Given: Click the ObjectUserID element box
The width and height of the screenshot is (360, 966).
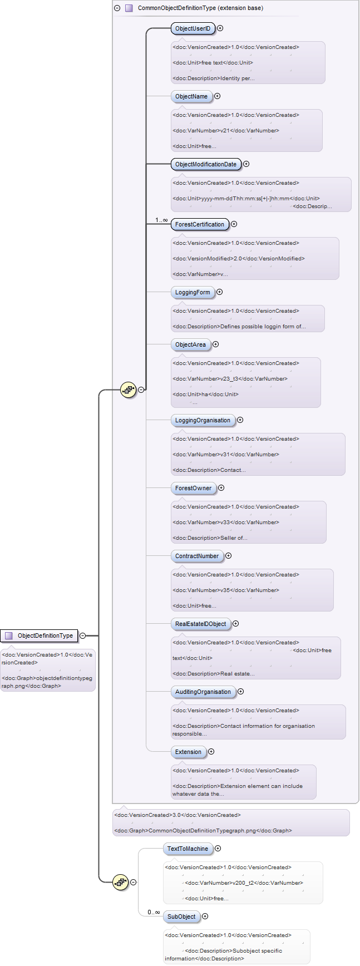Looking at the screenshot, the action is pyautogui.click(x=193, y=28).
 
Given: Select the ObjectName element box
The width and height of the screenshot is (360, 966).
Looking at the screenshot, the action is pyautogui.click(x=191, y=96).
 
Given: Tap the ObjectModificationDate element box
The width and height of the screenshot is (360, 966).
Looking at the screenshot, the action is pyautogui.click(x=206, y=164).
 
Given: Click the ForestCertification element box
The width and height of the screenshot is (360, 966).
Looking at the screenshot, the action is pyautogui.click(x=200, y=224).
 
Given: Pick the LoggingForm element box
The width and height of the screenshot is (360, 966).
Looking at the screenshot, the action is pyautogui.click(x=193, y=292).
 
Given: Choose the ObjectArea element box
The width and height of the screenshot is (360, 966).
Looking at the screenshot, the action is pyautogui.click(x=191, y=344).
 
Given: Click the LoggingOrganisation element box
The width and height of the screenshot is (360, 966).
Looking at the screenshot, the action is pyautogui.click(x=203, y=420).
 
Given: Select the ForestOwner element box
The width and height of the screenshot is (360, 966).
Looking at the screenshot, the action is pyautogui.click(x=194, y=488).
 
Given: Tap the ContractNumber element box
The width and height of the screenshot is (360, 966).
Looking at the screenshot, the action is pyautogui.click(x=197, y=556).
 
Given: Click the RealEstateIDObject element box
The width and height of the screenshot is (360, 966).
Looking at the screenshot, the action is pyautogui.click(x=201, y=624).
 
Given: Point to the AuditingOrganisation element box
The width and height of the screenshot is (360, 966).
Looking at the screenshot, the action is pyautogui.click(x=203, y=692).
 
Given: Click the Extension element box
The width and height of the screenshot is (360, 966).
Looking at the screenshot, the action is pyautogui.click(x=189, y=752).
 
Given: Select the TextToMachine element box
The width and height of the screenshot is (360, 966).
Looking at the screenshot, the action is pyautogui.click(x=188, y=849).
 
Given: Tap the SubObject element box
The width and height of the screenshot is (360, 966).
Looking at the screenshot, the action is pyautogui.click(x=181, y=916).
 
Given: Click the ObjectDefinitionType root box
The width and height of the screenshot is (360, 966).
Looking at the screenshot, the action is pyautogui.click(x=39, y=635).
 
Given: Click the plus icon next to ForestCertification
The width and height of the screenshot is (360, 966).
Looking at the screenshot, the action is pyautogui.click(x=234, y=224).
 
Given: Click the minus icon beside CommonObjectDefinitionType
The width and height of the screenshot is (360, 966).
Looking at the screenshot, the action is pyautogui.click(x=117, y=8).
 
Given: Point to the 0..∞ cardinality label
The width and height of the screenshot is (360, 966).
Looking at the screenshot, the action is pyautogui.click(x=154, y=913).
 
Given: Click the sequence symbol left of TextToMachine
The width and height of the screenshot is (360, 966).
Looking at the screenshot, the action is pyautogui.click(x=120, y=882).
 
